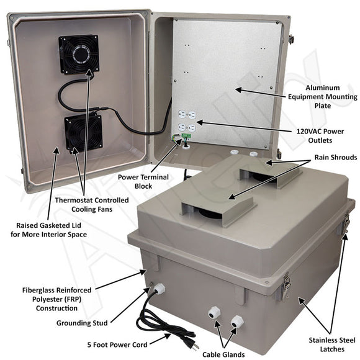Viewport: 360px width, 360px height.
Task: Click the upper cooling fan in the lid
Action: pyautogui.click(x=79, y=54)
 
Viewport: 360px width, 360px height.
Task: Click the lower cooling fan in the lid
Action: pyautogui.click(x=83, y=134)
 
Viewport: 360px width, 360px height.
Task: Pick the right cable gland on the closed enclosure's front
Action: pyautogui.click(x=236, y=322)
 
